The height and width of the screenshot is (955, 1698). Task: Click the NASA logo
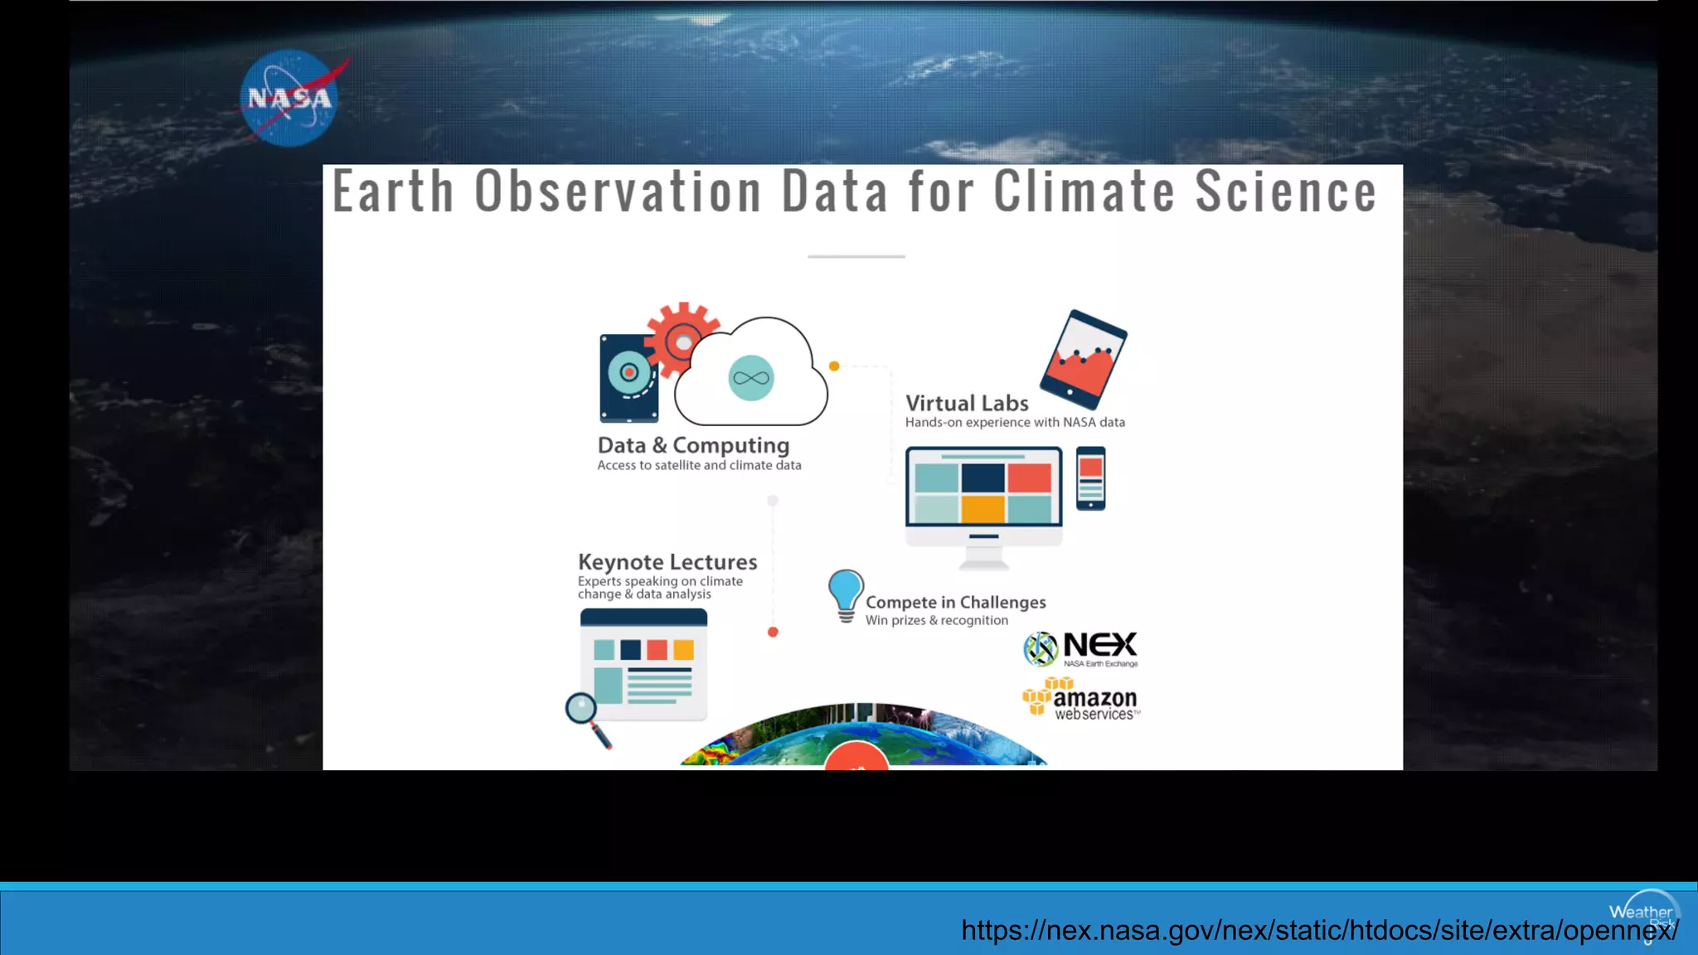click(290, 98)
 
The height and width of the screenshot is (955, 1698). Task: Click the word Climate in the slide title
click(1084, 192)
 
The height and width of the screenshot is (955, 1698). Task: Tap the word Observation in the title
click(619, 192)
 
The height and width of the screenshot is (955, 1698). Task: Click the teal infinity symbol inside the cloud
click(751, 378)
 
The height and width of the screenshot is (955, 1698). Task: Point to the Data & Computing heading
click(693, 445)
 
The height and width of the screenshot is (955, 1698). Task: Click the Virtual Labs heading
click(967, 403)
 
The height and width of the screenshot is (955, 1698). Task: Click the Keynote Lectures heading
click(667, 562)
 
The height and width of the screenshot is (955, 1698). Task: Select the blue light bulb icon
click(846, 594)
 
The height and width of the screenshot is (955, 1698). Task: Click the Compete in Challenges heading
click(956, 603)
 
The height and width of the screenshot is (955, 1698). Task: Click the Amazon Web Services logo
click(1081, 699)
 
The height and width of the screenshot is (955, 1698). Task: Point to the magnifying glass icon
click(585, 716)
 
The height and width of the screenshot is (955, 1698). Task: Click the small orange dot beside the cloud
click(834, 366)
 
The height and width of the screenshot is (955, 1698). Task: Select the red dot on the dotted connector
click(773, 632)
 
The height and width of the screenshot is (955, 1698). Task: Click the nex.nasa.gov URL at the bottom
click(1319, 930)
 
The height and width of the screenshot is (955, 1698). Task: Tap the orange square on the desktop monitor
click(983, 508)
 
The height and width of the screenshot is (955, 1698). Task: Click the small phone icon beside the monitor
click(1090, 478)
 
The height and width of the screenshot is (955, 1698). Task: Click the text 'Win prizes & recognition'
click(937, 620)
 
